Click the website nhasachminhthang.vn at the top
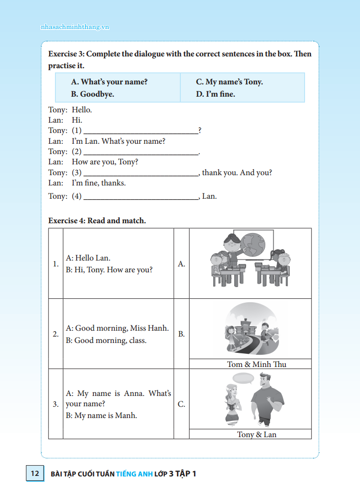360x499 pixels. click(x=75, y=27)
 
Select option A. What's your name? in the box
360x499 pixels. click(x=109, y=82)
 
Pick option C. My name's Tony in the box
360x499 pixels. click(x=229, y=82)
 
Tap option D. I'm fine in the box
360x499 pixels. click(x=215, y=94)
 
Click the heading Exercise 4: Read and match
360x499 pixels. click(x=97, y=221)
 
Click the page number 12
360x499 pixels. click(x=34, y=473)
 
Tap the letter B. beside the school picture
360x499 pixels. click(x=181, y=334)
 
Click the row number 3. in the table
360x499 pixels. click(x=55, y=404)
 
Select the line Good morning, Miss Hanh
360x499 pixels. click(x=117, y=328)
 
